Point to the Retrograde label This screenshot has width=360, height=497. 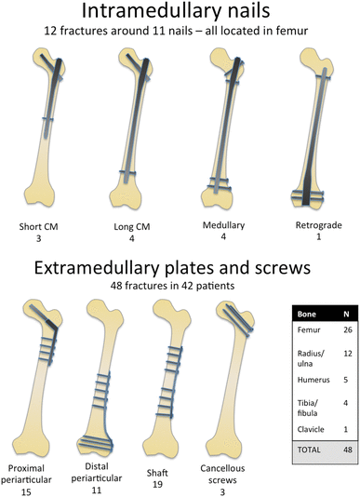(312, 226)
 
